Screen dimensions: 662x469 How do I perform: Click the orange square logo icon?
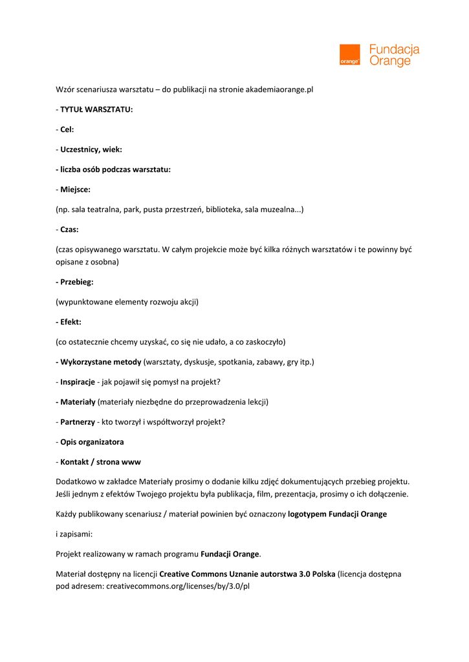pos(349,54)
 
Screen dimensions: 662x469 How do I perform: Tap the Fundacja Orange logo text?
pos(394,55)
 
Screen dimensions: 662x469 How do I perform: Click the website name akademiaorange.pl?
pos(279,90)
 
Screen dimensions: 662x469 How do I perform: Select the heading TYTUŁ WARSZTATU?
pos(96,109)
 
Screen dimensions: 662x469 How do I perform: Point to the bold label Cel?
pos(67,129)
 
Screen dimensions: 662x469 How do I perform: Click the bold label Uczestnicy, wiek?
pos(91,149)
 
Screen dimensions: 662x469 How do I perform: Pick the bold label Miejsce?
pos(75,189)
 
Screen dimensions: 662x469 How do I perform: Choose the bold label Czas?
pos(69,230)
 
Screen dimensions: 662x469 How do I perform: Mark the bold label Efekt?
pos(71,321)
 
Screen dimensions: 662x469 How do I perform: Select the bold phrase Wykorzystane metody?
pos(100,362)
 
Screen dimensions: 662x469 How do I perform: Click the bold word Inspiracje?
pos(78,382)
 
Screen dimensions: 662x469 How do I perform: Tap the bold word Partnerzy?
pos(77,422)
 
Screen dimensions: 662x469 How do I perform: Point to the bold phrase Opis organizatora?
pos(92,442)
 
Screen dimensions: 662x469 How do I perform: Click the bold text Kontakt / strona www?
pos(100,462)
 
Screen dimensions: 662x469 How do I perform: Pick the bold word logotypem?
pos(307,515)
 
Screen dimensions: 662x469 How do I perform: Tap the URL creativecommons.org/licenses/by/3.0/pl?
pos(178,586)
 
